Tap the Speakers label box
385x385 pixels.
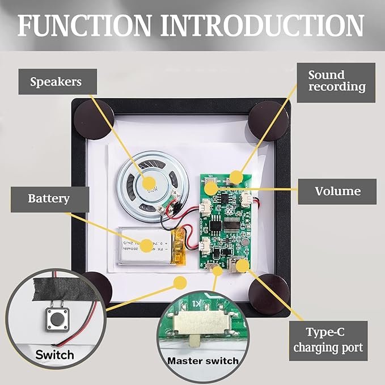tap(56, 82)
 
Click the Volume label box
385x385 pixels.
tap(337, 191)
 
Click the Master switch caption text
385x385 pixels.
tap(202, 361)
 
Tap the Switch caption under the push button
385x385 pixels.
tap(54, 356)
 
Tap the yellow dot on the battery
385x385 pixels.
tap(147, 246)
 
